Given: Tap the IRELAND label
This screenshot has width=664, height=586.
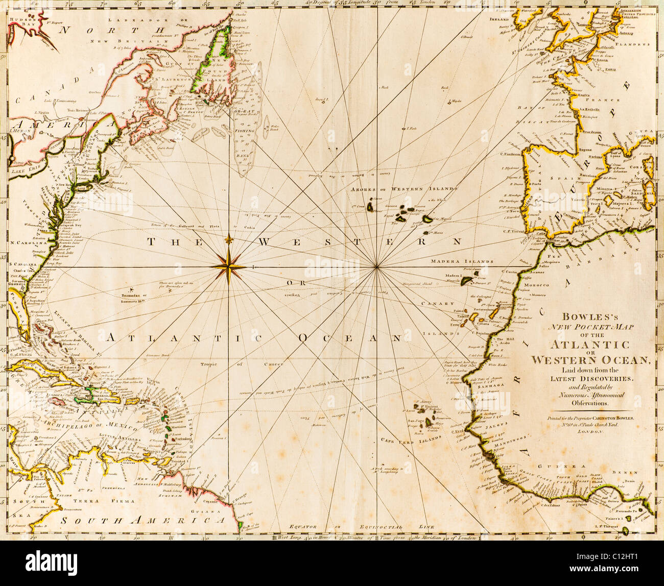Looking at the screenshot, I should pyautogui.click(x=502, y=19).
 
